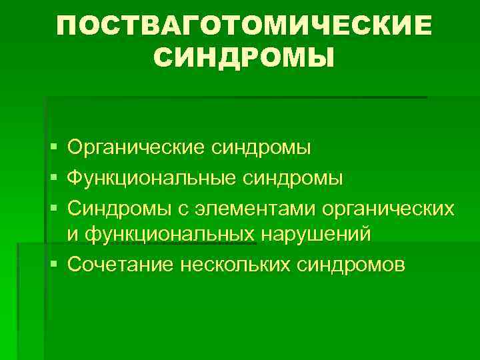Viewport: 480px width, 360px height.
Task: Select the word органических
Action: click(x=389, y=208)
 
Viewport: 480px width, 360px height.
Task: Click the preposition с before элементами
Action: click(x=183, y=209)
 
